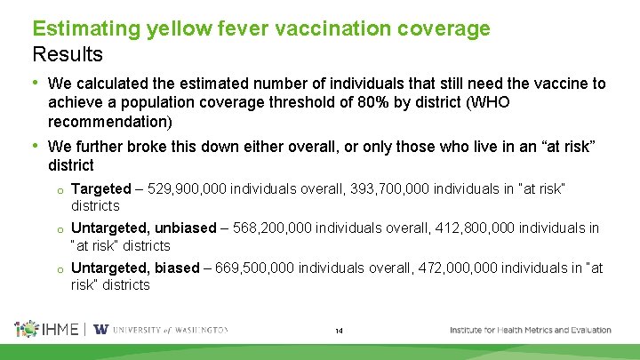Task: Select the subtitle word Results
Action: tap(68, 54)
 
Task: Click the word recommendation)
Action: tap(110, 121)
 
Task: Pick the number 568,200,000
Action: tap(276, 228)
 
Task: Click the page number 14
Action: tap(339, 332)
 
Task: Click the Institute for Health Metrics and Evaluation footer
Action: tap(530, 330)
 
